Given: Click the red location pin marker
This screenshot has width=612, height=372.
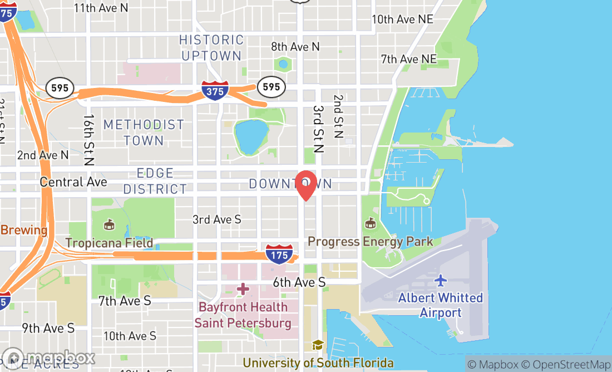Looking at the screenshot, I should click(x=306, y=185).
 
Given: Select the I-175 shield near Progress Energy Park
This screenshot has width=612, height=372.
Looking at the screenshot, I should click(x=279, y=253).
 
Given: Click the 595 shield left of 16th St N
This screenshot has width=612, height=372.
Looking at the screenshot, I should click(x=60, y=88).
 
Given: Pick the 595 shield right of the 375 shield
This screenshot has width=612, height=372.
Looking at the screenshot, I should click(x=271, y=86).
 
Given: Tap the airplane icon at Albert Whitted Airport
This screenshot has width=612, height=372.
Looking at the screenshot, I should click(x=441, y=280).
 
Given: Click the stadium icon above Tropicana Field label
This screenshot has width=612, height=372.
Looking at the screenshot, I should click(x=109, y=225).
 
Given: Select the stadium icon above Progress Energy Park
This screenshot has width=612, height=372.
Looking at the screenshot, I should click(x=369, y=224).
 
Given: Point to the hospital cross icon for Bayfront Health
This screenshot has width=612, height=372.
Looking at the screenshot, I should click(x=243, y=289).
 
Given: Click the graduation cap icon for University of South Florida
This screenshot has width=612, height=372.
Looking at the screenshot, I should click(x=318, y=346).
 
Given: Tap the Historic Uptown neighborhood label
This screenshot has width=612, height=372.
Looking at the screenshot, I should click(x=211, y=48).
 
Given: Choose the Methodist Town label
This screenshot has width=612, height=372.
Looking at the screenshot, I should click(x=144, y=133).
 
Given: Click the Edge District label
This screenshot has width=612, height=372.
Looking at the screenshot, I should click(x=155, y=182).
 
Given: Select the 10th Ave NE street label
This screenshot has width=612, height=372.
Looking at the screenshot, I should click(x=402, y=19).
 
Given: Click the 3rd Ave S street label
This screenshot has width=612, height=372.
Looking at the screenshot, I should click(x=217, y=219).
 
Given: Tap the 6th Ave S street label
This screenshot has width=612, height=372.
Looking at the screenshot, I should click(x=299, y=283).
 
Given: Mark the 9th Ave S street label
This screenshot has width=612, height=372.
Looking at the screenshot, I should click(x=48, y=328).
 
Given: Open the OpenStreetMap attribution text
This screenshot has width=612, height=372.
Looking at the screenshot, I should click(x=566, y=365).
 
